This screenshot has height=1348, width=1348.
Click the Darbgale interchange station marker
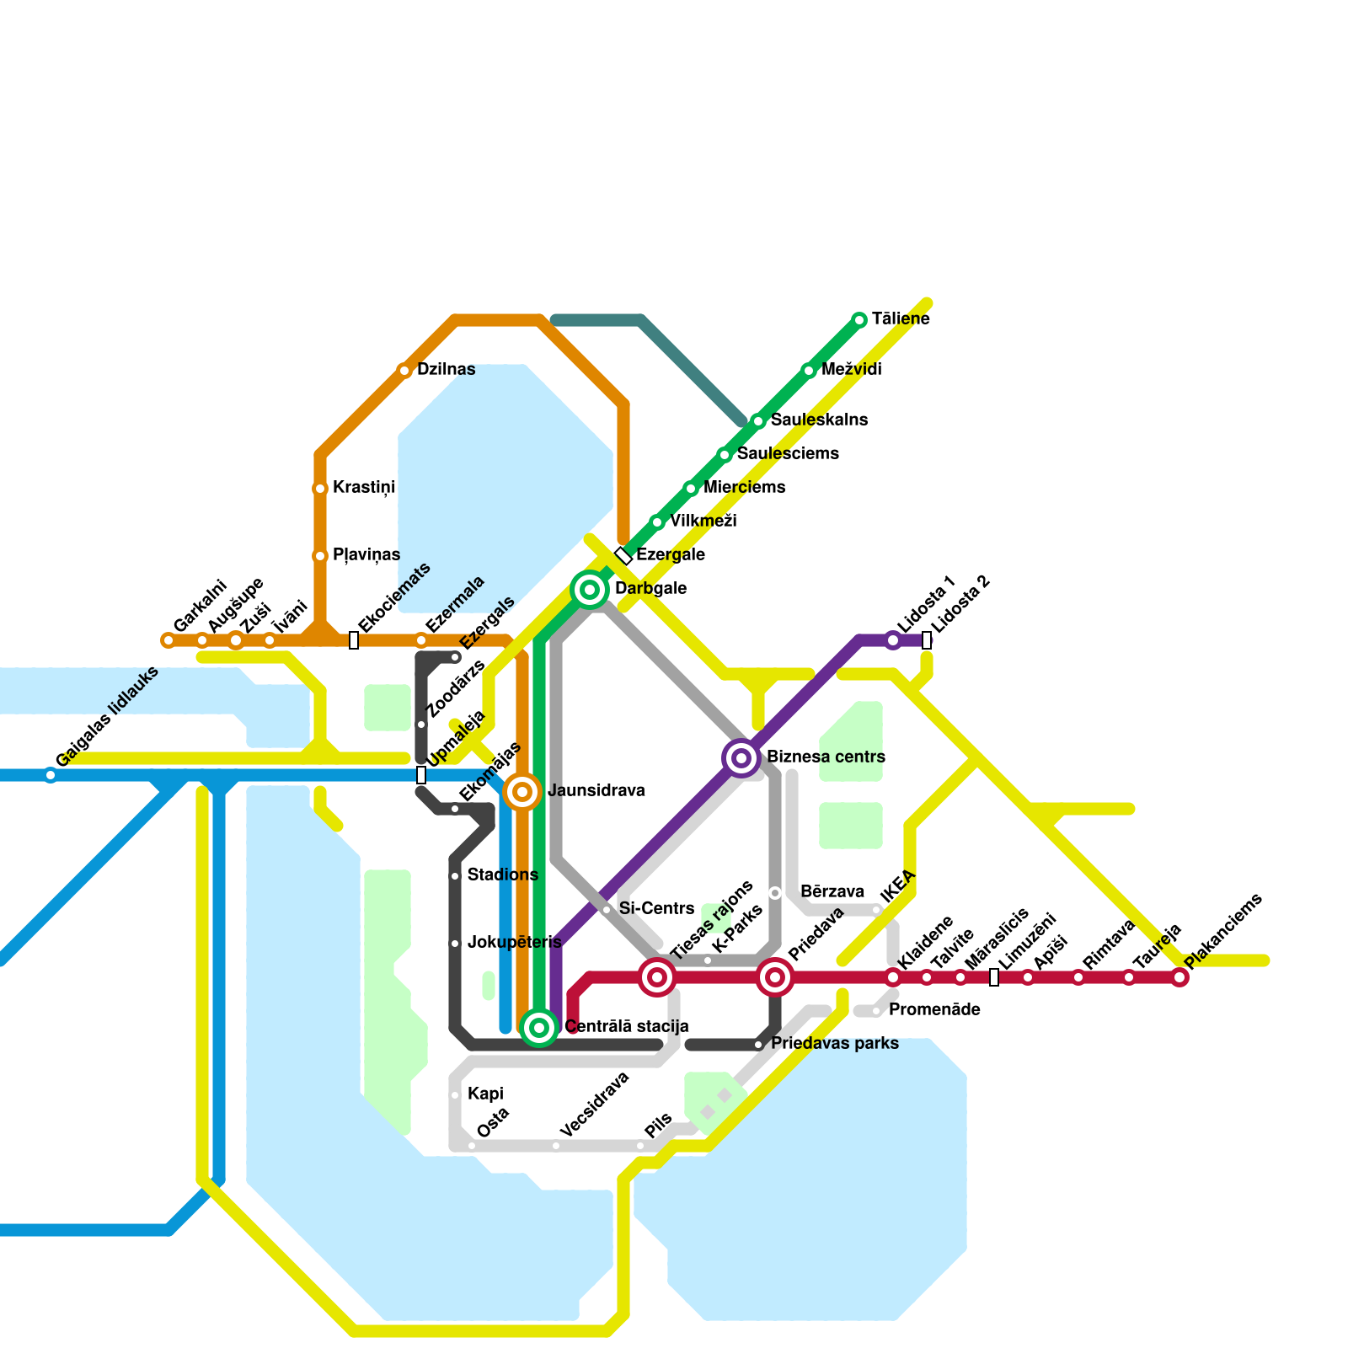click(x=590, y=589)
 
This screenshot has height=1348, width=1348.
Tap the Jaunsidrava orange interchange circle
click(x=522, y=792)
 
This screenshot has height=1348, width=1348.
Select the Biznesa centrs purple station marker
click(x=741, y=758)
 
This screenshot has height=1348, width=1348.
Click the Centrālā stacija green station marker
click(x=539, y=1027)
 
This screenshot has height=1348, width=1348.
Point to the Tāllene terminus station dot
click(x=859, y=319)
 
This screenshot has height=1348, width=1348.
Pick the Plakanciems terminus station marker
click(x=1179, y=977)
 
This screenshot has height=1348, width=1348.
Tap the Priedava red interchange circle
click(x=775, y=977)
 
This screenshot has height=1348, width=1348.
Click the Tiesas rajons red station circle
click(x=657, y=977)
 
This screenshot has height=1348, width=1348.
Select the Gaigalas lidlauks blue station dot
click(x=51, y=775)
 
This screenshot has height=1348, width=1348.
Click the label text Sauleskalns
click(x=819, y=420)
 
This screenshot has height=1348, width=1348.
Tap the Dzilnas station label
click(x=446, y=370)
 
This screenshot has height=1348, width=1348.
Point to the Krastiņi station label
click(x=364, y=488)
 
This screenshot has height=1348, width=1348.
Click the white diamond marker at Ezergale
click(x=623, y=555)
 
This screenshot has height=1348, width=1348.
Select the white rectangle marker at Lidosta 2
click(x=927, y=640)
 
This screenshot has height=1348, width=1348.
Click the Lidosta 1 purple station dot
click(x=893, y=640)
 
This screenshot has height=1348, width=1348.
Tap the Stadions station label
click(x=502, y=875)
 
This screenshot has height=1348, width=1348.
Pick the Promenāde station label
click(x=934, y=1010)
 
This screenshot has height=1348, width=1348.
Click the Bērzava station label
click(x=832, y=892)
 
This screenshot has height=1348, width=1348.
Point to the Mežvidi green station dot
click(x=809, y=370)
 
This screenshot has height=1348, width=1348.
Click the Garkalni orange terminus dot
click(x=168, y=640)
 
